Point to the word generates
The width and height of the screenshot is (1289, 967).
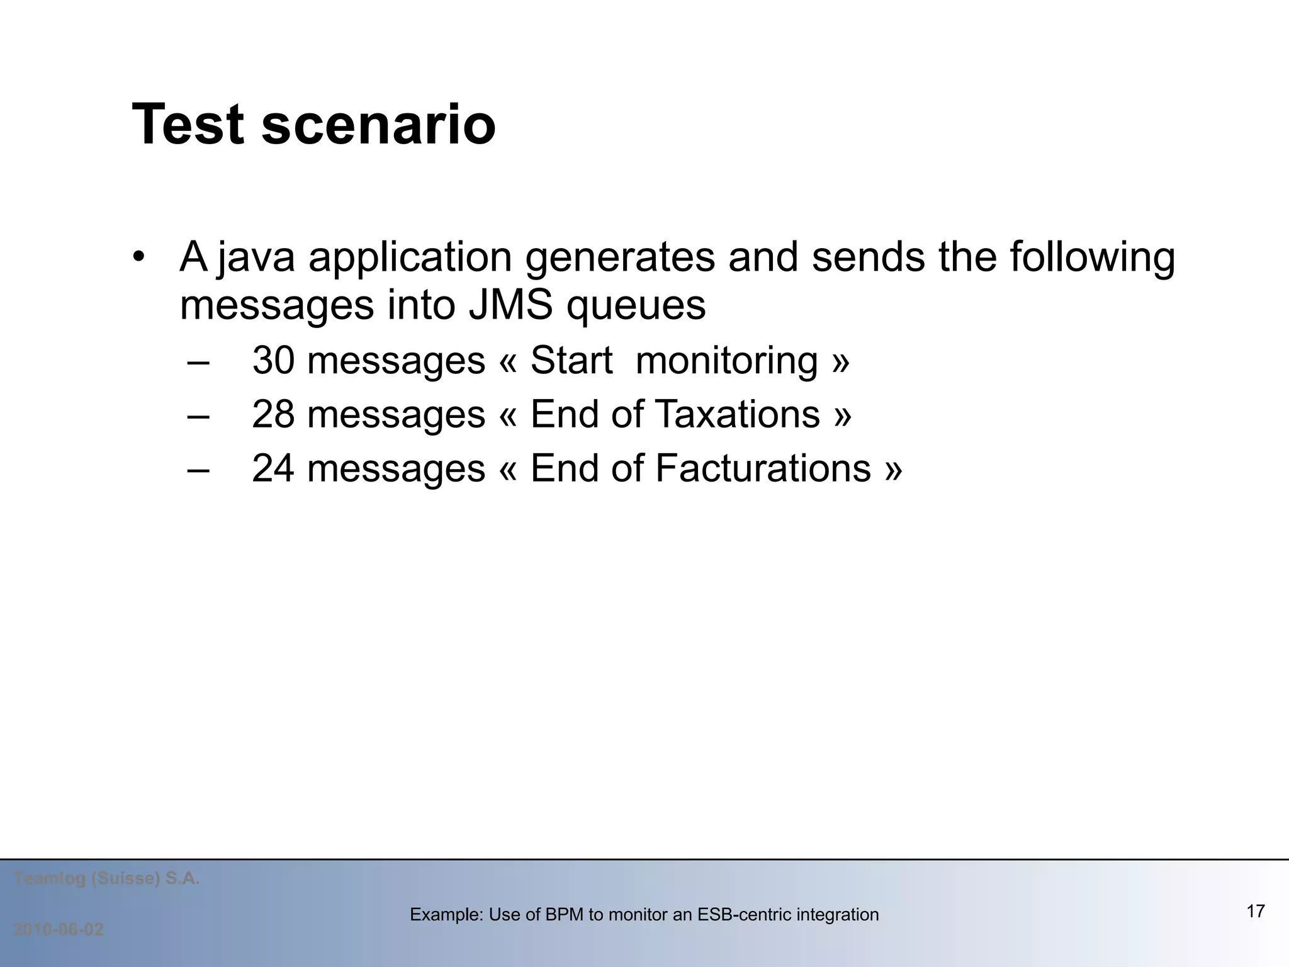point(620,257)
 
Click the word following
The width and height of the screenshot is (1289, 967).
point(1092,257)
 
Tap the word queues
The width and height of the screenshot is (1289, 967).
point(636,307)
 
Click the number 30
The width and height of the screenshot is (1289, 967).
point(273,361)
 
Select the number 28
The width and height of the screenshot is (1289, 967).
point(273,415)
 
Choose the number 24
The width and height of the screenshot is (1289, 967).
point(273,469)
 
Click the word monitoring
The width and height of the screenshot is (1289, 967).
point(726,361)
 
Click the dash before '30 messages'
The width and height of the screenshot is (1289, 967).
point(198,362)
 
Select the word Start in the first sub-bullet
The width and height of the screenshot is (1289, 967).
point(571,361)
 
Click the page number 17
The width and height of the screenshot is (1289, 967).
point(1255,911)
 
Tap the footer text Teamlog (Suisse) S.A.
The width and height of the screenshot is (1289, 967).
point(106,879)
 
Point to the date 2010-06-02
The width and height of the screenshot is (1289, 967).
point(59,929)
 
